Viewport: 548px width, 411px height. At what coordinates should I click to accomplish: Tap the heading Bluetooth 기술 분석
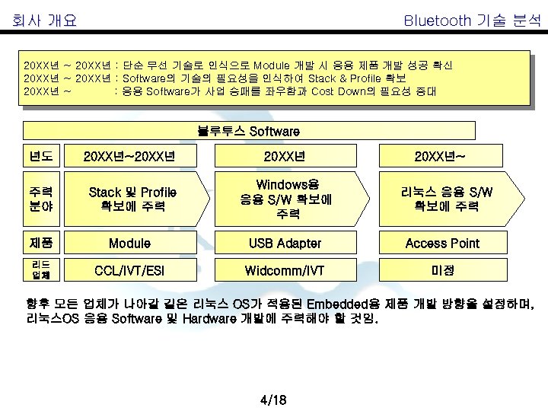[472, 21]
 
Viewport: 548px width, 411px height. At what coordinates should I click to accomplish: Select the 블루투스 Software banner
[249, 131]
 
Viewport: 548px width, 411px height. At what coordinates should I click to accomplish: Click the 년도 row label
[42, 157]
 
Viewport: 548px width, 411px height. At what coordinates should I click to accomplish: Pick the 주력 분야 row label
[42, 199]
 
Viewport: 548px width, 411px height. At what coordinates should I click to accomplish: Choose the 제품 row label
[42, 244]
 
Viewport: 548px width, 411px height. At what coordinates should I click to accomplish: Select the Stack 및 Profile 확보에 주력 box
[132, 199]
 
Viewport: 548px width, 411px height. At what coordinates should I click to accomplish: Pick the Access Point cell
[442, 244]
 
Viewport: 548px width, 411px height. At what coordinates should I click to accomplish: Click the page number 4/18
[272, 400]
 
